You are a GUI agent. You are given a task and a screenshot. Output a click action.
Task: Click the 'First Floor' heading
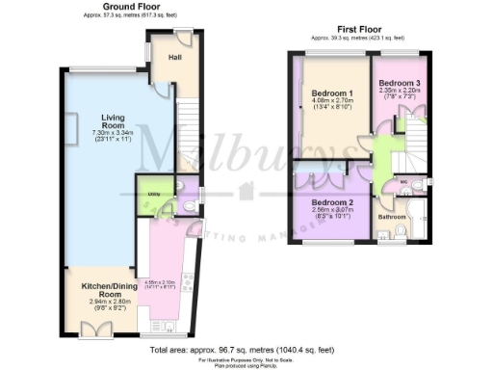(357, 30)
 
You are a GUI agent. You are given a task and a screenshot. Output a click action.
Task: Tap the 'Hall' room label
(175, 58)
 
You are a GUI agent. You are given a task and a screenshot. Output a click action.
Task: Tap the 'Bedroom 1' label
(332, 93)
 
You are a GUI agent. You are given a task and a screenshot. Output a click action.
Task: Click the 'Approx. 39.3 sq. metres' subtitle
(357, 39)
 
